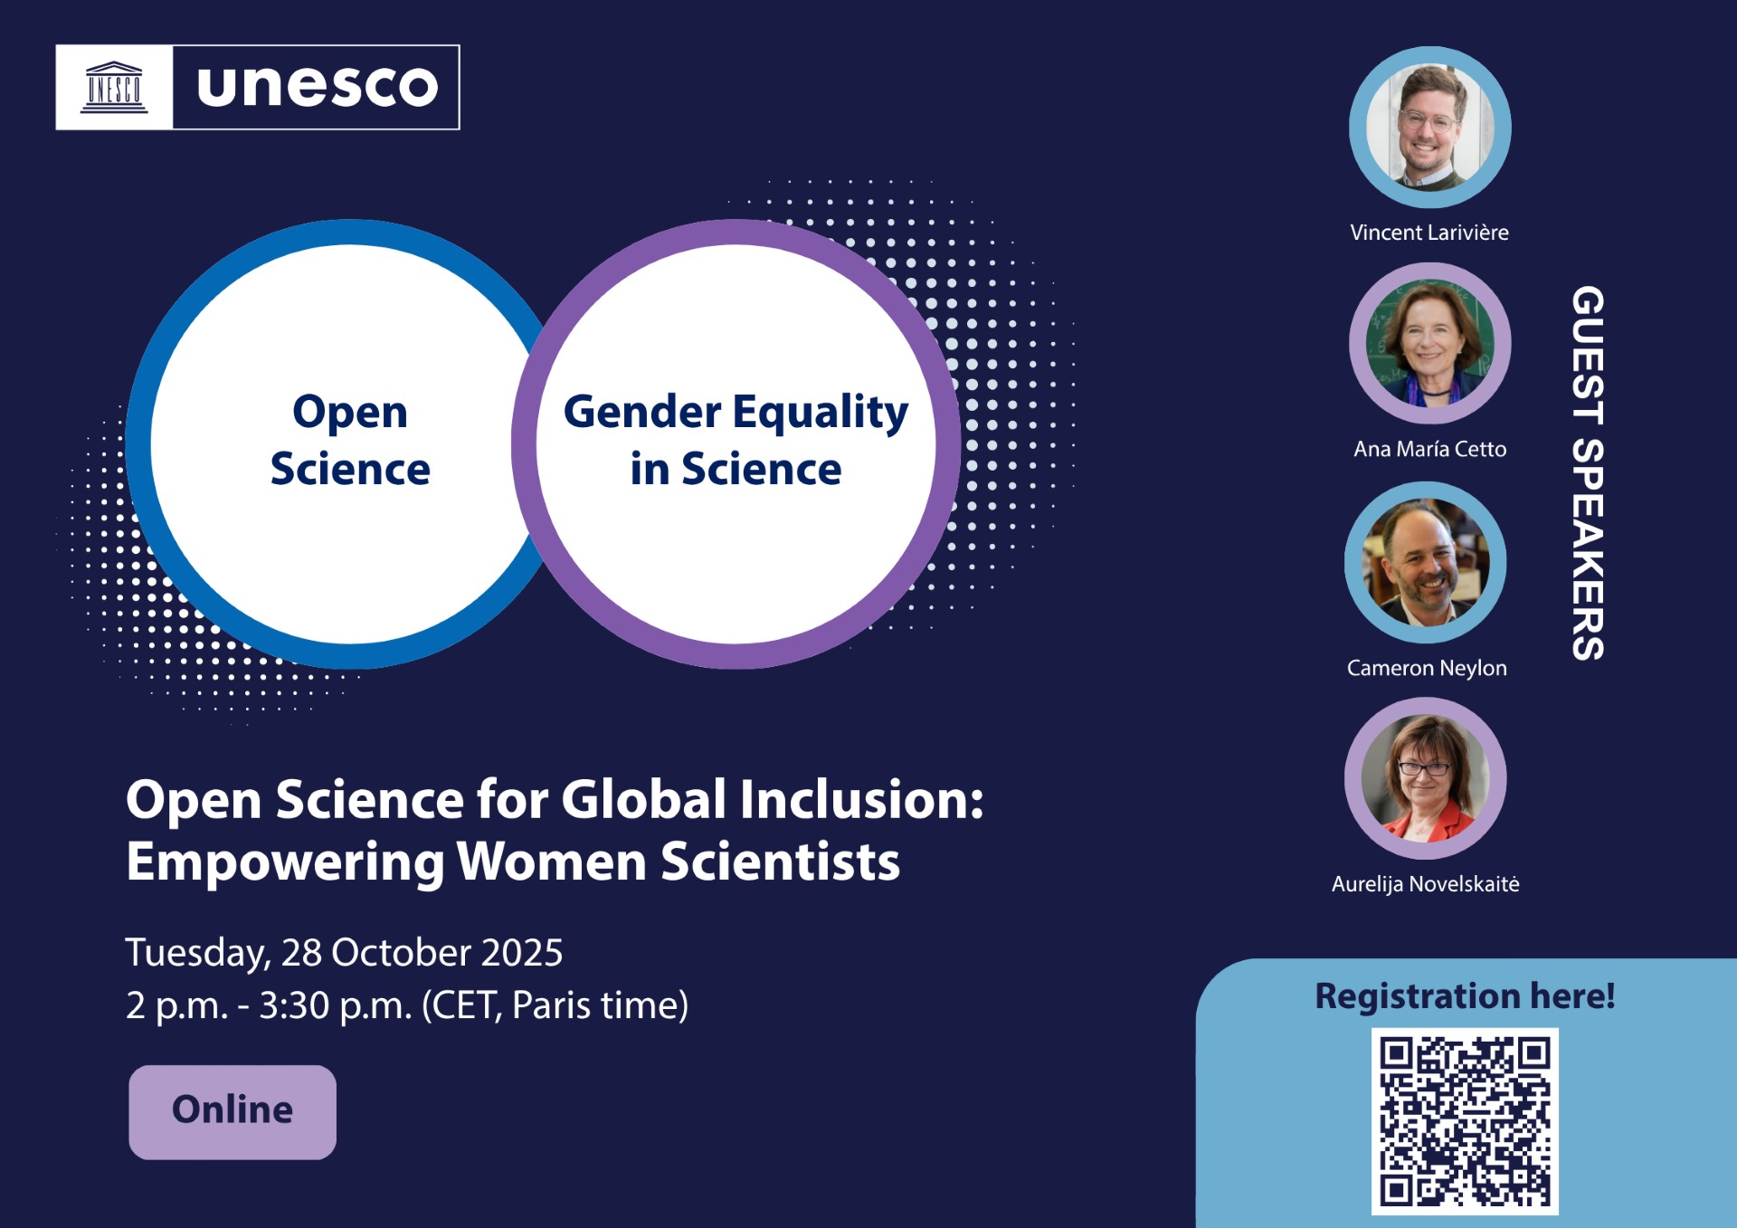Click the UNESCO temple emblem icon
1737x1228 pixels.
click(x=114, y=88)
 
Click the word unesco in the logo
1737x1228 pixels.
click(x=317, y=87)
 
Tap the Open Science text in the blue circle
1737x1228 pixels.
click(x=350, y=440)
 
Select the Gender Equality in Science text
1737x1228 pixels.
click(x=736, y=440)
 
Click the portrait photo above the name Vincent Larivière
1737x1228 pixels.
click(x=1429, y=128)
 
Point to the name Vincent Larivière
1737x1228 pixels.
click(x=1429, y=233)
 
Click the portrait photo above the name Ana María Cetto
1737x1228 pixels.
click(x=1429, y=344)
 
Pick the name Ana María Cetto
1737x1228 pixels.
click(x=1429, y=449)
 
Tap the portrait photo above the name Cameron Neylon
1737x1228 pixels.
click(x=1426, y=562)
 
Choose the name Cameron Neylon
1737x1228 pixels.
click(x=1427, y=668)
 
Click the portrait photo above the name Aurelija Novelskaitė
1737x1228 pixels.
click(x=1426, y=778)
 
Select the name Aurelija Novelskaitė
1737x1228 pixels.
click(x=1425, y=884)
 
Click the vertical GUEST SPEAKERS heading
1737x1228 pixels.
click(x=1588, y=472)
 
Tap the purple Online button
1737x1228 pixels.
click(x=233, y=1111)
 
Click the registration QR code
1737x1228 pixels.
click(x=1465, y=1120)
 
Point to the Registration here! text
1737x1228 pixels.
click(x=1465, y=995)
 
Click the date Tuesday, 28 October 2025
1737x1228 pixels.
click(x=344, y=952)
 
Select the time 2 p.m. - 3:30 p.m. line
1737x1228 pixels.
click(x=407, y=1005)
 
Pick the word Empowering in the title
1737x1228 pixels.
click(x=286, y=862)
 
